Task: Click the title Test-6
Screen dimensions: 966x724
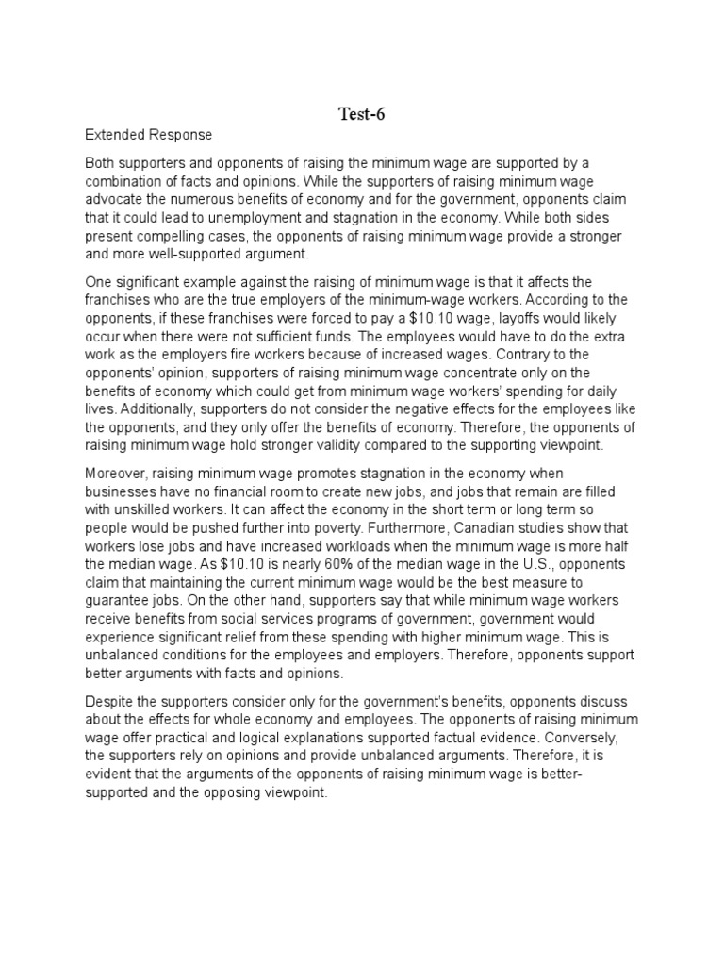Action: pyautogui.click(x=361, y=115)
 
